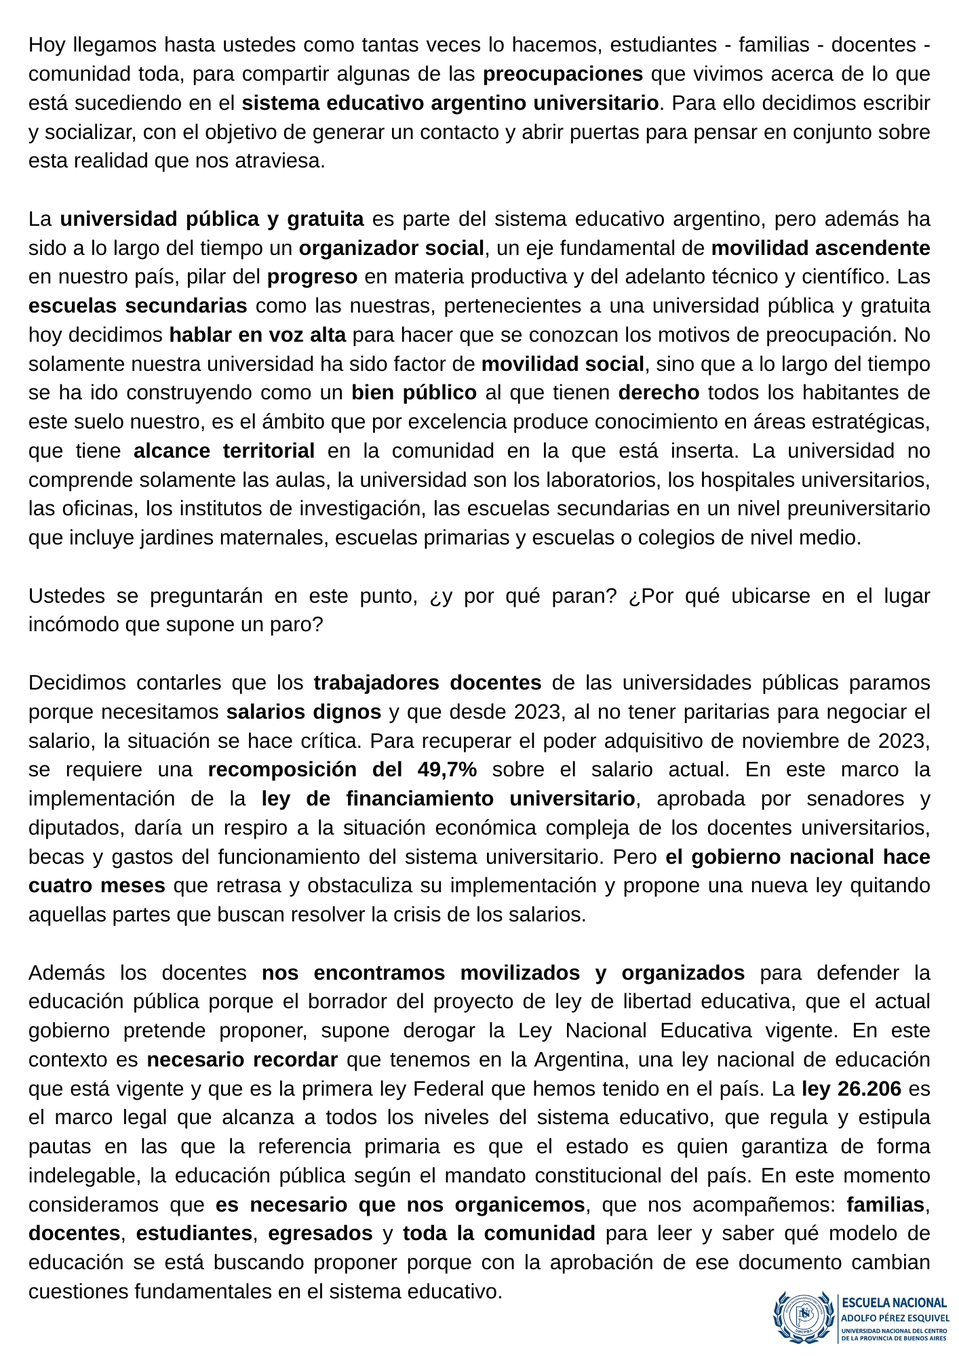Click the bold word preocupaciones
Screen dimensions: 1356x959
click(x=563, y=74)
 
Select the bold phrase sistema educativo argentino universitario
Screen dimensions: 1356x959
click(x=450, y=103)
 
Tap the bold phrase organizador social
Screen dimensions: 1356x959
click(x=391, y=248)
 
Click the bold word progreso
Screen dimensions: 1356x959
click(x=312, y=277)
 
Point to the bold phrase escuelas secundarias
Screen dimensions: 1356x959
click(x=138, y=306)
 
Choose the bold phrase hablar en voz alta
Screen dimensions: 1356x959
click(x=257, y=335)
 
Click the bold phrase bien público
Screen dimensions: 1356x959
click(x=414, y=393)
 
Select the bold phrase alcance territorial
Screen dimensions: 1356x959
click(x=224, y=451)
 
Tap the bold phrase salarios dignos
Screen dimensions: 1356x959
click(x=304, y=712)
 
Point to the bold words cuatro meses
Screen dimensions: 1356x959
click(x=97, y=886)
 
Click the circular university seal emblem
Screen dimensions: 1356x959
click(x=804, y=1317)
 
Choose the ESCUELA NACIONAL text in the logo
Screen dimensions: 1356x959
click(x=894, y=1302)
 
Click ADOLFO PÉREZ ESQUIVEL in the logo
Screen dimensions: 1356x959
click(x=895, y=1319)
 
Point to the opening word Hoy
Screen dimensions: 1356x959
click(x=45, y=45)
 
